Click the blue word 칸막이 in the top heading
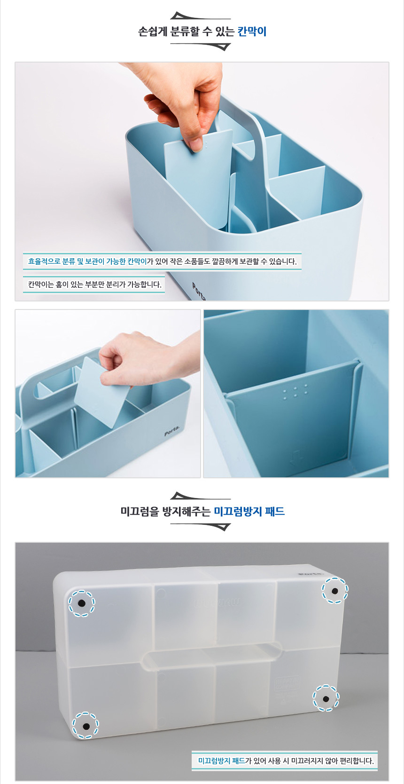252,32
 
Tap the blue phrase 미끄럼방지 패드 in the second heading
249,511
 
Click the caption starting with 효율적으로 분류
162,261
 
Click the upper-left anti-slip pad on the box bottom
81,603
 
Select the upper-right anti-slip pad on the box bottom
335,591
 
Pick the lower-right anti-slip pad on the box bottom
326,699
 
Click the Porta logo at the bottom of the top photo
199,291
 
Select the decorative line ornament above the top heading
200,16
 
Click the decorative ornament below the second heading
200,527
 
